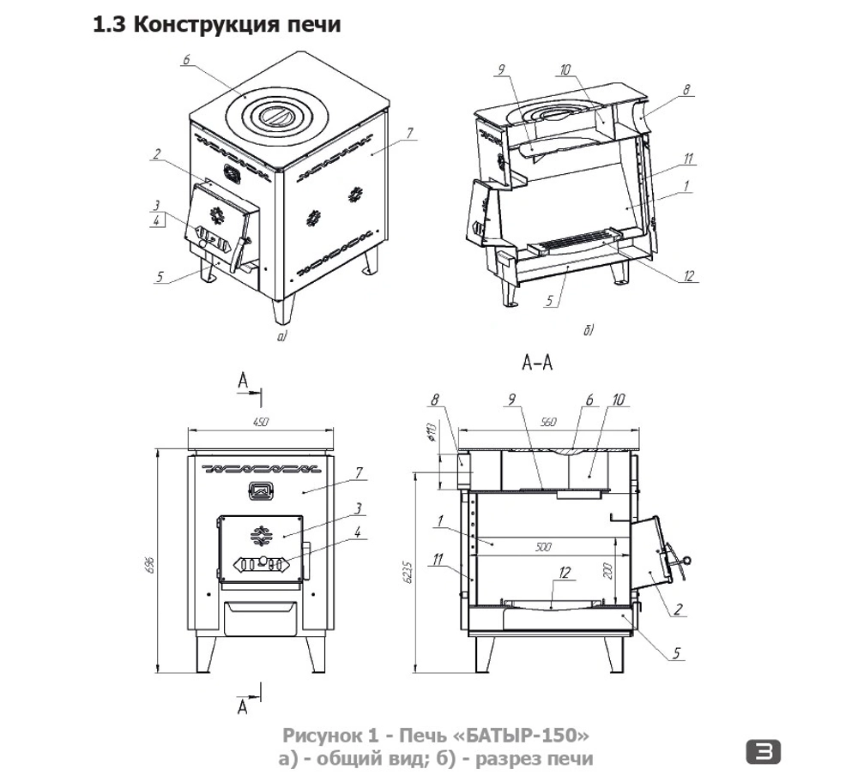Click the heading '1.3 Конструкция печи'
click(x=216, y=25)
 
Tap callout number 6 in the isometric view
click(x=186, y=59)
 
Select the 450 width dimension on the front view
click(x=262, y=421)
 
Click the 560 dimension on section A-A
click(x=550, y=421)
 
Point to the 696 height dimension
click(x=149, y=562)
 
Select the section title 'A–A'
click(x=536, y=363)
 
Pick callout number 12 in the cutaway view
click(x=691, y=276)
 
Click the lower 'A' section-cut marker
click(x=243, y=707)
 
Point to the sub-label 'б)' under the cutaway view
click(x=589, y=329)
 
